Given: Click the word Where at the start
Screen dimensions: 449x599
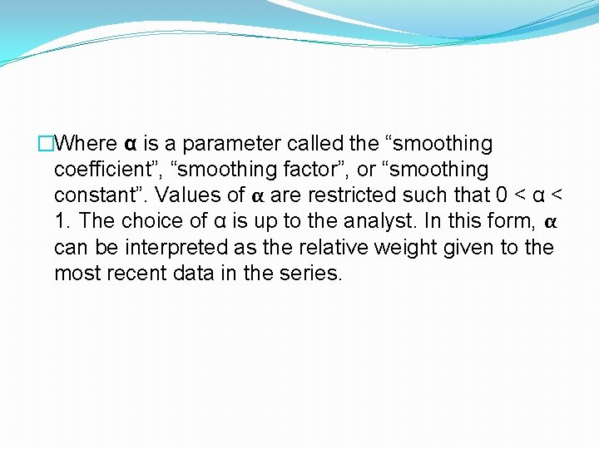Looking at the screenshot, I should [x=89, y=144].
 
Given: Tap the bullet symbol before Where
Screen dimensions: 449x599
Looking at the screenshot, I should [x=47, y=144].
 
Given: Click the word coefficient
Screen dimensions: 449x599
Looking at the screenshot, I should [x=104, y=170].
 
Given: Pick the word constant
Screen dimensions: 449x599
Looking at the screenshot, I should [x=89, y=195].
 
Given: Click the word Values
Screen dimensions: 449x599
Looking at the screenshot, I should [x=183, y=195].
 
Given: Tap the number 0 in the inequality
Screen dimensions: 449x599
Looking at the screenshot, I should [x=501, y=195].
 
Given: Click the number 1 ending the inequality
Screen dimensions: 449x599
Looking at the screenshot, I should [x=60, y=221].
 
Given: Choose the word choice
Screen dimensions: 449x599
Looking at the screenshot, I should [x=150, y=221].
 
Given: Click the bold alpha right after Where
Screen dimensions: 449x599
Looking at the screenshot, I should [x=131, y=145].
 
